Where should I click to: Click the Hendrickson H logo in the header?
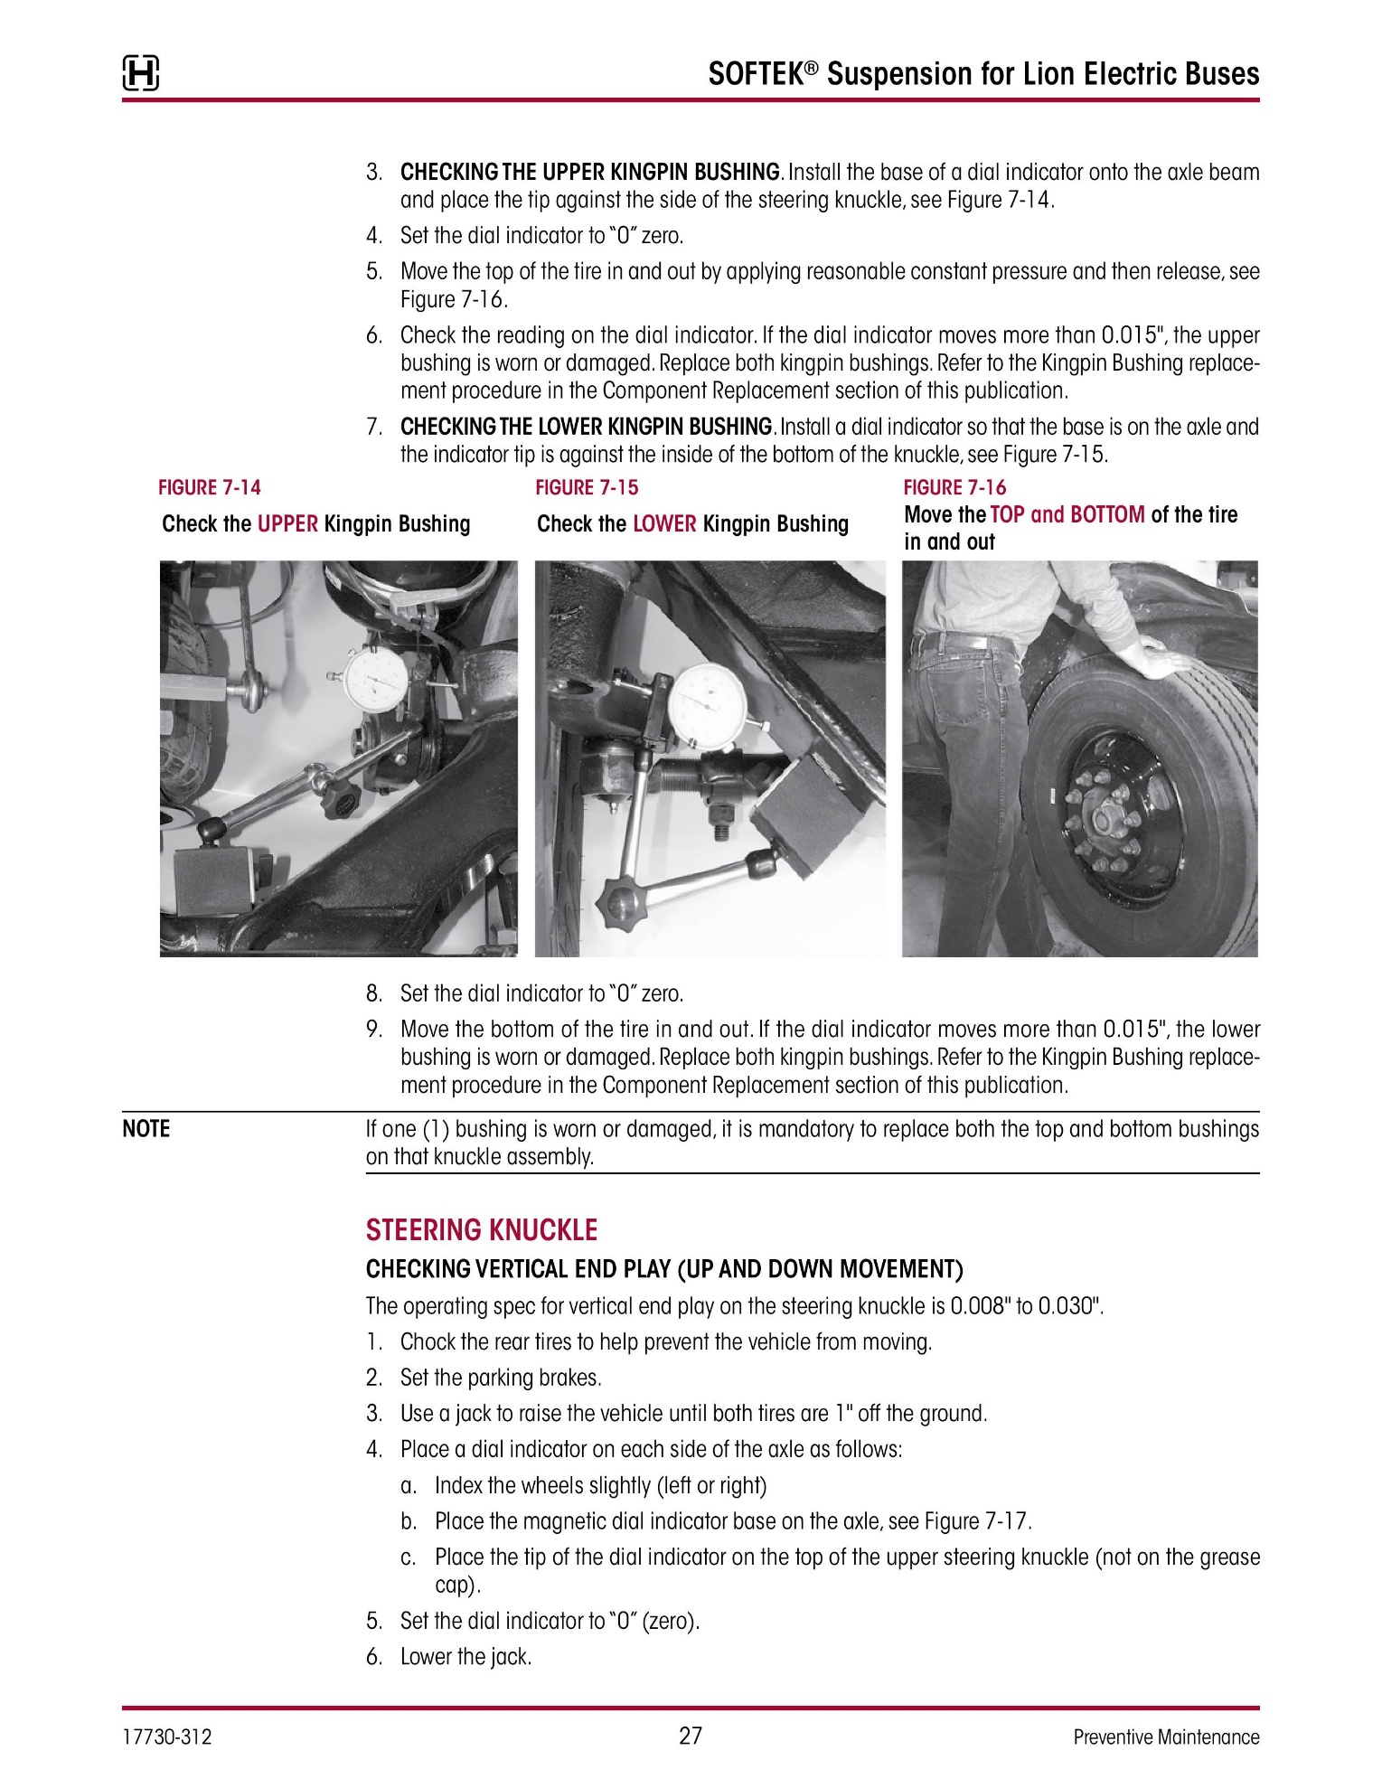140,74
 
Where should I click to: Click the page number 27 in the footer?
691,1736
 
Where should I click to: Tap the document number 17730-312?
167,1736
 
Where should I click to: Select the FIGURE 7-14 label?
210,488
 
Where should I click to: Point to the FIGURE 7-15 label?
587,488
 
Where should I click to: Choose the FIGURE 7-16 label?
954,488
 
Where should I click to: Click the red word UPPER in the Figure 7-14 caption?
287,524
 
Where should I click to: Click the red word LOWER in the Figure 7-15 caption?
664,524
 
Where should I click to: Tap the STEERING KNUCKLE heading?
482,1230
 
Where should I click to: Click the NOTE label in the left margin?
146,1129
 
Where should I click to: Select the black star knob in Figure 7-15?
618,901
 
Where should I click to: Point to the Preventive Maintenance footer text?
1166,1736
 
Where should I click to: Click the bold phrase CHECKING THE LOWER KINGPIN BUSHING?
587,426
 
